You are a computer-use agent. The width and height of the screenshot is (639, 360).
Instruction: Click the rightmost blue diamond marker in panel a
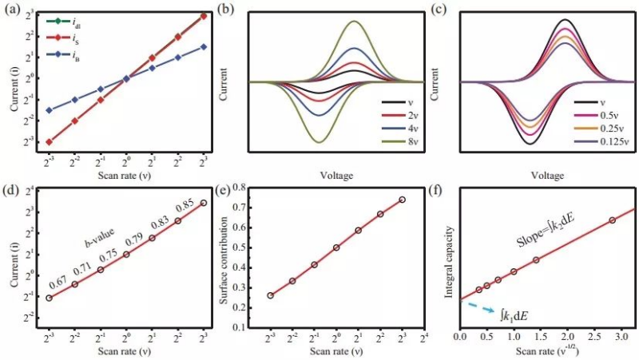(x=204, y=46)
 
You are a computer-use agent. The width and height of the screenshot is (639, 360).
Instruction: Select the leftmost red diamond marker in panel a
(x=49, y=141)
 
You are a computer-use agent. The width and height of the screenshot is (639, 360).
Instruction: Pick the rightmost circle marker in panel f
(x=612, y=220)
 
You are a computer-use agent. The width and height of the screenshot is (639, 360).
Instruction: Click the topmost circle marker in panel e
(x=402, y=200)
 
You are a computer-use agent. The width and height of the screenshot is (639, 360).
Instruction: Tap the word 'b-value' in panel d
(x=101, y=239)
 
